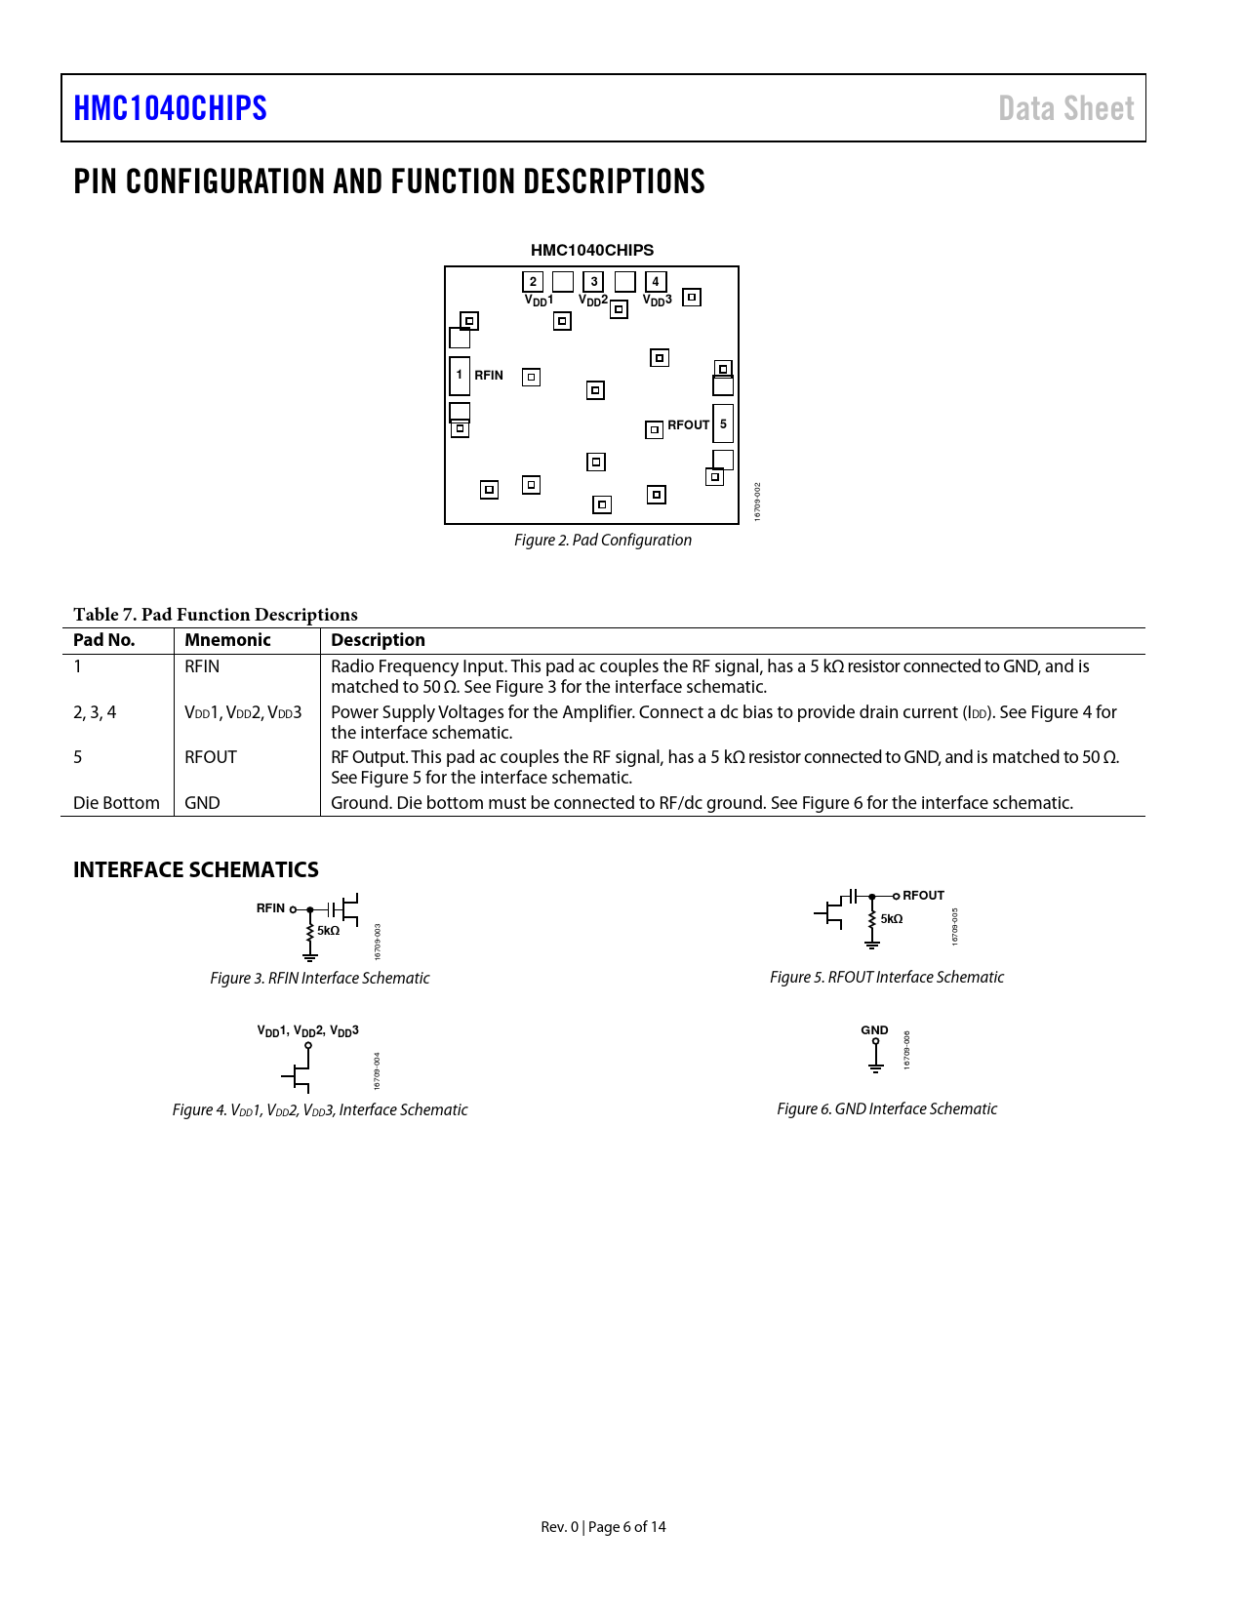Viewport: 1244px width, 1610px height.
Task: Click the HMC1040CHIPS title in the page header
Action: pyautogui.click(x=170, y=108)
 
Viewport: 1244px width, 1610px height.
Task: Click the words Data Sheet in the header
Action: pyautogui.click(x=1065, y=108)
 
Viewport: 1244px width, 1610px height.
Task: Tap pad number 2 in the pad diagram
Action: pyautogui.click(x=533, y=282)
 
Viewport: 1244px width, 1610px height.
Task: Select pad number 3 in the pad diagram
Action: pyautogui.click(x=594, y=282)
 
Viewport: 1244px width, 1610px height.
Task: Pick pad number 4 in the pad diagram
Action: pyautogui.click(x=656, y=282)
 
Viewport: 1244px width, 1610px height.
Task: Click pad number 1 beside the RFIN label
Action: pyautogui.click(x=460, y=375)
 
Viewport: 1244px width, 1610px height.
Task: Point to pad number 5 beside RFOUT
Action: pyautogui.click(x=723, y=423)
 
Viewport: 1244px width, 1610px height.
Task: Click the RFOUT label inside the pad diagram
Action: pyautogui.click(x=688, y=425)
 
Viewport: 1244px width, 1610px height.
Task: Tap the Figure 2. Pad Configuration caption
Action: pyautogui.click(x=603, y=541)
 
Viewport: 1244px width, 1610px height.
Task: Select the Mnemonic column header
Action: pyautogui.click(x=227, y=640)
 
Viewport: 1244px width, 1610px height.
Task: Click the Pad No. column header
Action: pyautogui.click(x=104, y=640)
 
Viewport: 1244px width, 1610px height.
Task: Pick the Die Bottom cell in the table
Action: pyautogui.click(x=116, y=803)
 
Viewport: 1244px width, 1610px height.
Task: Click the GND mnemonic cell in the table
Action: pyautogui.click(x=202, y=803)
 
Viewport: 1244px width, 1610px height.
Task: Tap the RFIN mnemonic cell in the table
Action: pyautogui.click(x=202, y=666)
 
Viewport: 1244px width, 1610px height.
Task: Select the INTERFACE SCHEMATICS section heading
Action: pyautogui.click(x=196, y=869)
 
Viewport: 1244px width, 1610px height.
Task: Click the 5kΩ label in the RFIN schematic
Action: pyautogui.click(x=328, y=931)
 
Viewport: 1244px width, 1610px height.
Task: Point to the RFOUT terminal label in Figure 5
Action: pyautogui.click(x=923, y=896)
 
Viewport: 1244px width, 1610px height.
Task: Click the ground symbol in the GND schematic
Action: pyautogui.click(x=876, y=1067)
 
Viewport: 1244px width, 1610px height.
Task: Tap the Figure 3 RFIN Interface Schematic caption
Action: pyautogui.click(x=320, y=978)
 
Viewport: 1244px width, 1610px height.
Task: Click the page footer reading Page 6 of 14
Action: pyautogui.click(x=603, y=1527)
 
